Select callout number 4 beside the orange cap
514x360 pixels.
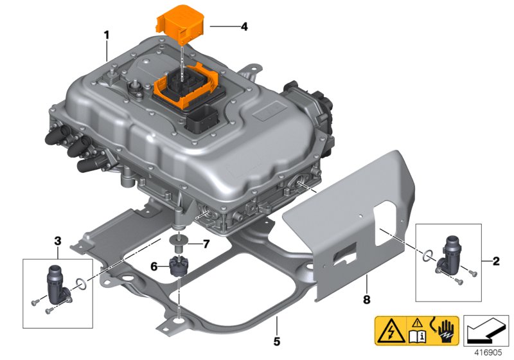244,27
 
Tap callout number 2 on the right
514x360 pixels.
495,261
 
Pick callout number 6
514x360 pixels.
155,265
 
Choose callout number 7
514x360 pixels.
206,244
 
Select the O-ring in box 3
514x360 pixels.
80,282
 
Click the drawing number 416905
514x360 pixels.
489,352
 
